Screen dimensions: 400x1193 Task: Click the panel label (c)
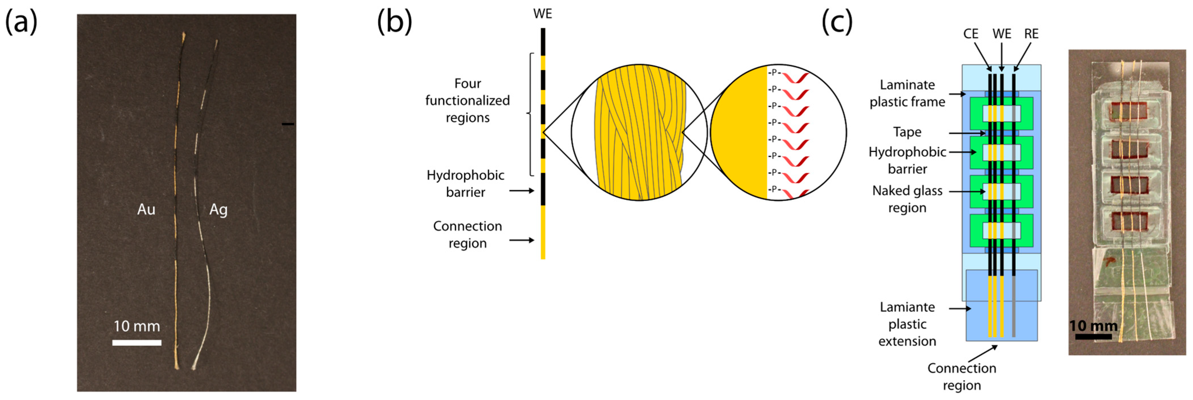tap(836, 22)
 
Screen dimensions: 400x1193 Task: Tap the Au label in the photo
tap(146, 210)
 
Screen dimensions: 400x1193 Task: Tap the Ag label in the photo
tap(218, 210)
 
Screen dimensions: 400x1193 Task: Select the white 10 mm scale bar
tap(137, 343)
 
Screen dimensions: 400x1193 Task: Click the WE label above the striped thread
tap(542, 14)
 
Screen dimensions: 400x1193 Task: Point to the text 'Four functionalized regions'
tap(467, 101)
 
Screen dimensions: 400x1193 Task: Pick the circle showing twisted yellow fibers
tap(639, 132)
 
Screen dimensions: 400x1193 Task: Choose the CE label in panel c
tap(971, 34)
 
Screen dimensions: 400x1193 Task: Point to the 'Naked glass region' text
tap(907, 199)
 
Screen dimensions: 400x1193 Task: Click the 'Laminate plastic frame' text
tap(907, 93)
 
